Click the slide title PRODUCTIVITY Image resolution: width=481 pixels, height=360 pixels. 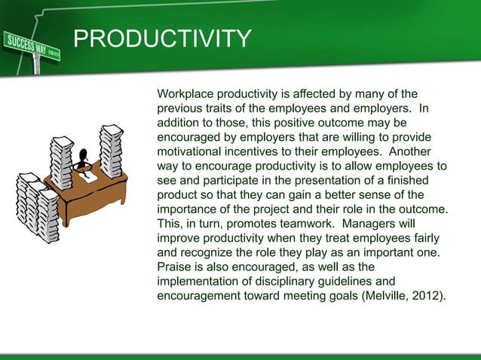tap(162, 38)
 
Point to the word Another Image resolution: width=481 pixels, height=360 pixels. tap(421, 151)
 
